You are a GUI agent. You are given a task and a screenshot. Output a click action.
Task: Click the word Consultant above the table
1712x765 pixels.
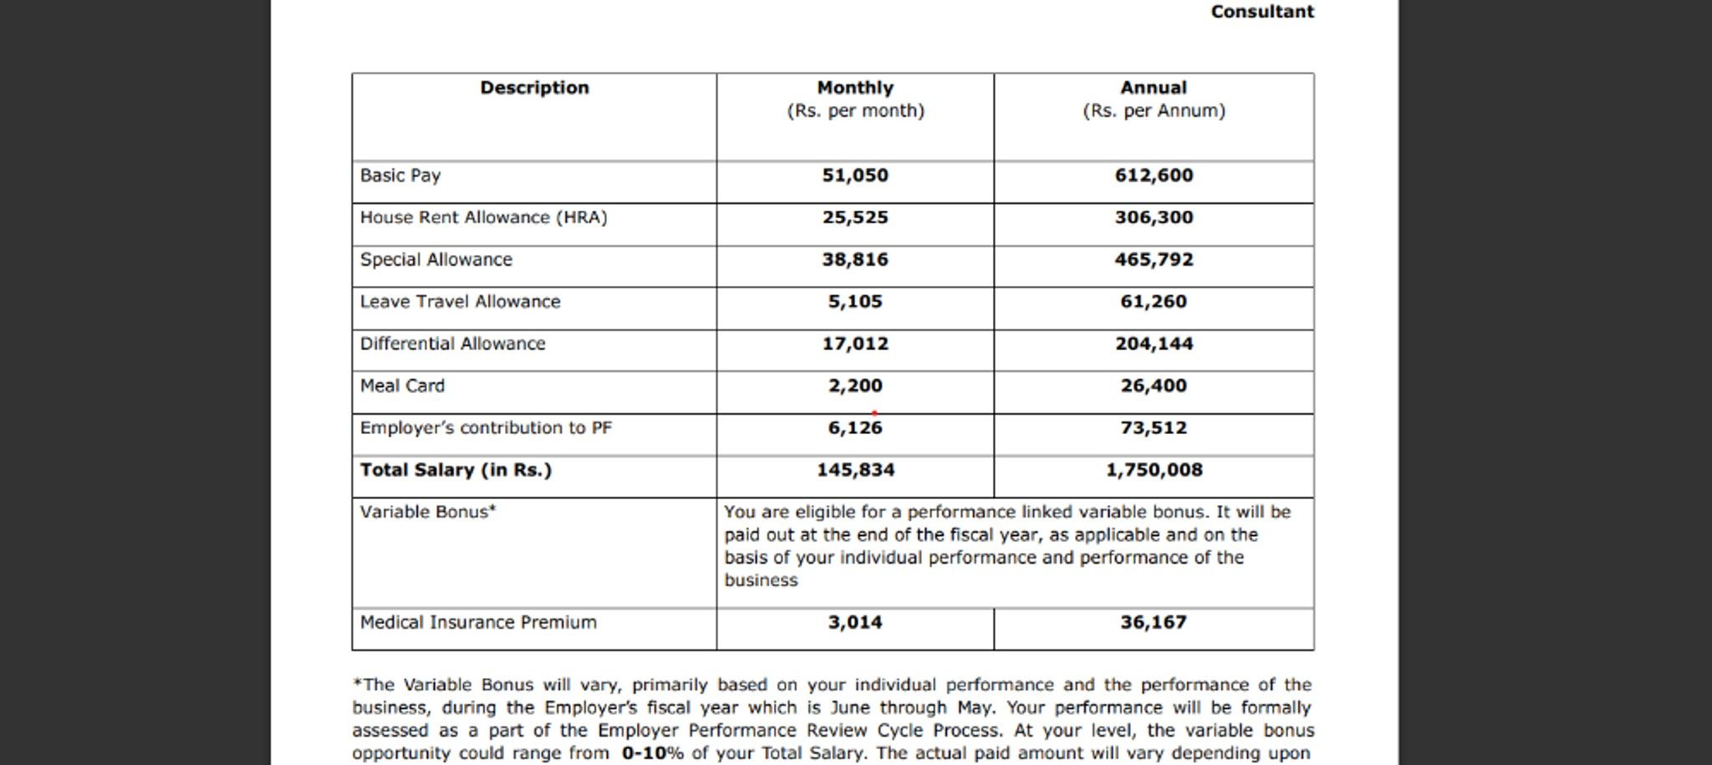tap(1262, 12)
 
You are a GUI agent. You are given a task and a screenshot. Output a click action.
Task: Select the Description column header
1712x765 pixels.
tap(534, 88)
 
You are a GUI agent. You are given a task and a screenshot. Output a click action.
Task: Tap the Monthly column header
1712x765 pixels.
tap(855, 88)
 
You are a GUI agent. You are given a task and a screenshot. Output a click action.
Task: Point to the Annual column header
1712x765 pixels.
tap(1154, 88)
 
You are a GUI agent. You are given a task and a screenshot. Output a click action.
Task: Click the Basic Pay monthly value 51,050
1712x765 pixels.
tap(855, 176)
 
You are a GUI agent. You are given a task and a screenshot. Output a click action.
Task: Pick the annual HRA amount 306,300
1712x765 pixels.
tap(1154, 217)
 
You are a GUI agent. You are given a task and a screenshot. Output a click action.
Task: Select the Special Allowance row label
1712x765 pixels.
tap(436, 260)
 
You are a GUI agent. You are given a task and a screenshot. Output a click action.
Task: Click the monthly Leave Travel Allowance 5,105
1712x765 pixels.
tap(855, 302)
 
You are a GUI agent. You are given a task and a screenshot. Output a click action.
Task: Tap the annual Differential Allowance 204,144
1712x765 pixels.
tap(1154, 344)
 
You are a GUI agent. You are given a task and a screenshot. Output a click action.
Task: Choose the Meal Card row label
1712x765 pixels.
tap(402, 386)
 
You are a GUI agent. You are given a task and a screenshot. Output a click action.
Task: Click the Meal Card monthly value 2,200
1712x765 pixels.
tap(855, 386)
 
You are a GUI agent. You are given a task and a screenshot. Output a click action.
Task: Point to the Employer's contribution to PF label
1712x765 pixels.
tap(486, 428)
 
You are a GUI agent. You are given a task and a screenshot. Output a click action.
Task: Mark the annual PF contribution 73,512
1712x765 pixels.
tap(1154, 428)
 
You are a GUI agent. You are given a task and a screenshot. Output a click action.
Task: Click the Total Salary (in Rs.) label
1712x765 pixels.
tap(456, 470)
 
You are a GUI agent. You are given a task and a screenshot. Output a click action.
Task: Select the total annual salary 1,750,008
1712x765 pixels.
tap(1154, 470)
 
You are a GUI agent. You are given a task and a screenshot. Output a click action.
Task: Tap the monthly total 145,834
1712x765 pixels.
tap(855, 470)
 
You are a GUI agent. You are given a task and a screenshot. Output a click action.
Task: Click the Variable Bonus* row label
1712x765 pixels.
tap(428, 513)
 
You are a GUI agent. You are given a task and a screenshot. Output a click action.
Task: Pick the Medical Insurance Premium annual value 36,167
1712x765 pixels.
tap(1154, 623)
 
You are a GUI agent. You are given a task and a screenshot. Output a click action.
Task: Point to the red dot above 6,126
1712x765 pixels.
tap(874, 413)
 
